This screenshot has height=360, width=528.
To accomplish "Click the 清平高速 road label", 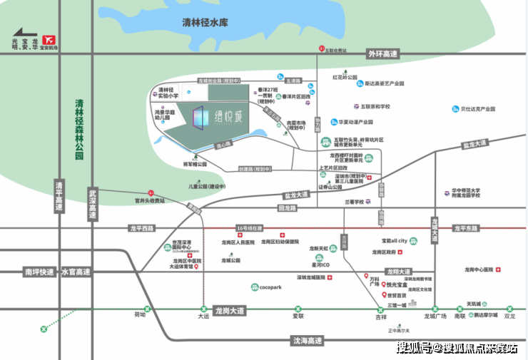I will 59,197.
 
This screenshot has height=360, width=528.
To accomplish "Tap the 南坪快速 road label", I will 39,272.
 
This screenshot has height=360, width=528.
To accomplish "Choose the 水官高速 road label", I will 75,272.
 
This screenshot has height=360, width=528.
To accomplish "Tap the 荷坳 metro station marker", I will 146,309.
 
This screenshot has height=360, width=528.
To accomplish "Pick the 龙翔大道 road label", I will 398,272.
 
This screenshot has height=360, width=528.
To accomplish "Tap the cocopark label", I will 270,287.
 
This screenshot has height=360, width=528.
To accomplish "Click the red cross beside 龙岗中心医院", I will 499,270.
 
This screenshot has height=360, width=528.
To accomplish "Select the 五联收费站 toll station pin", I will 322,49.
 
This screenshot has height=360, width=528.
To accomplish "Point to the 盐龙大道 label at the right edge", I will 474,145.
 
